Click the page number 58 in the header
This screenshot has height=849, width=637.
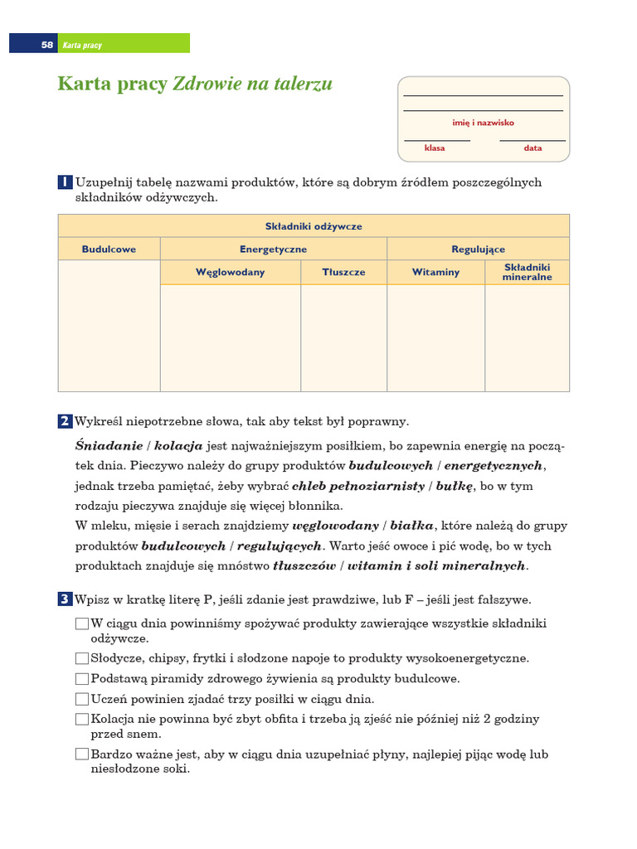pyautogui.click(x=46, y=45)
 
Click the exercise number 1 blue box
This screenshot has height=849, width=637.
pyautogui.click(x=65, y=182)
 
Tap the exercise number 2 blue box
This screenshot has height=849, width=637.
pyautogui.click(x=65, y=421)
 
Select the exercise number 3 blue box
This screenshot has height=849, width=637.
pyautogui.click(x=65, y=599)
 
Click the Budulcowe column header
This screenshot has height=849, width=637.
pyautogui.click(x=109, y=249)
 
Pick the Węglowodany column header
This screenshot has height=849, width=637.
pyautogui.click(x=230, y=272)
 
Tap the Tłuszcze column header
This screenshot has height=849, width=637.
pyautogui.click(x=343, y=272)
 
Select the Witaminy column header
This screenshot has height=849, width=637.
pyautogui.click(x=435, y=272)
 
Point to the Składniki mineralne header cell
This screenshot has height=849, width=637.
pyautogui.click(x=527, y=272)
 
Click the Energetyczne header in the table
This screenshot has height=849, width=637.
pyautogui.click(x=273, y=249)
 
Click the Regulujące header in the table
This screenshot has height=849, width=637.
pyautogui.click(x=478, y=249)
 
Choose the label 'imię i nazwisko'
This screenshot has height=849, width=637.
pyautogui.click(x=483, y=123)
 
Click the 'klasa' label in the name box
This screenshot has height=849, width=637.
pyautogui.click(x=435, y=148)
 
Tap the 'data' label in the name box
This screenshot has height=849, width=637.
pyautogui.click(x=532, y=148)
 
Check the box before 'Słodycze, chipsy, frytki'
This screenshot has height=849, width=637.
pyautogui.click(x=81, y=658)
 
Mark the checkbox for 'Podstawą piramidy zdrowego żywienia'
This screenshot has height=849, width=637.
pyautogui.click(x=81, y=679)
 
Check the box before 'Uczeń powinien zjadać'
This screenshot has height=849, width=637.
pyautogui.click(x=81, y=699)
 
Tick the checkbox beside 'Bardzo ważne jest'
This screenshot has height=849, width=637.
pyautogui.click(x=81, y=754)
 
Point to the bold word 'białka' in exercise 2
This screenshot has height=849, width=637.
pyautogui.click(x=412, y=526)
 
